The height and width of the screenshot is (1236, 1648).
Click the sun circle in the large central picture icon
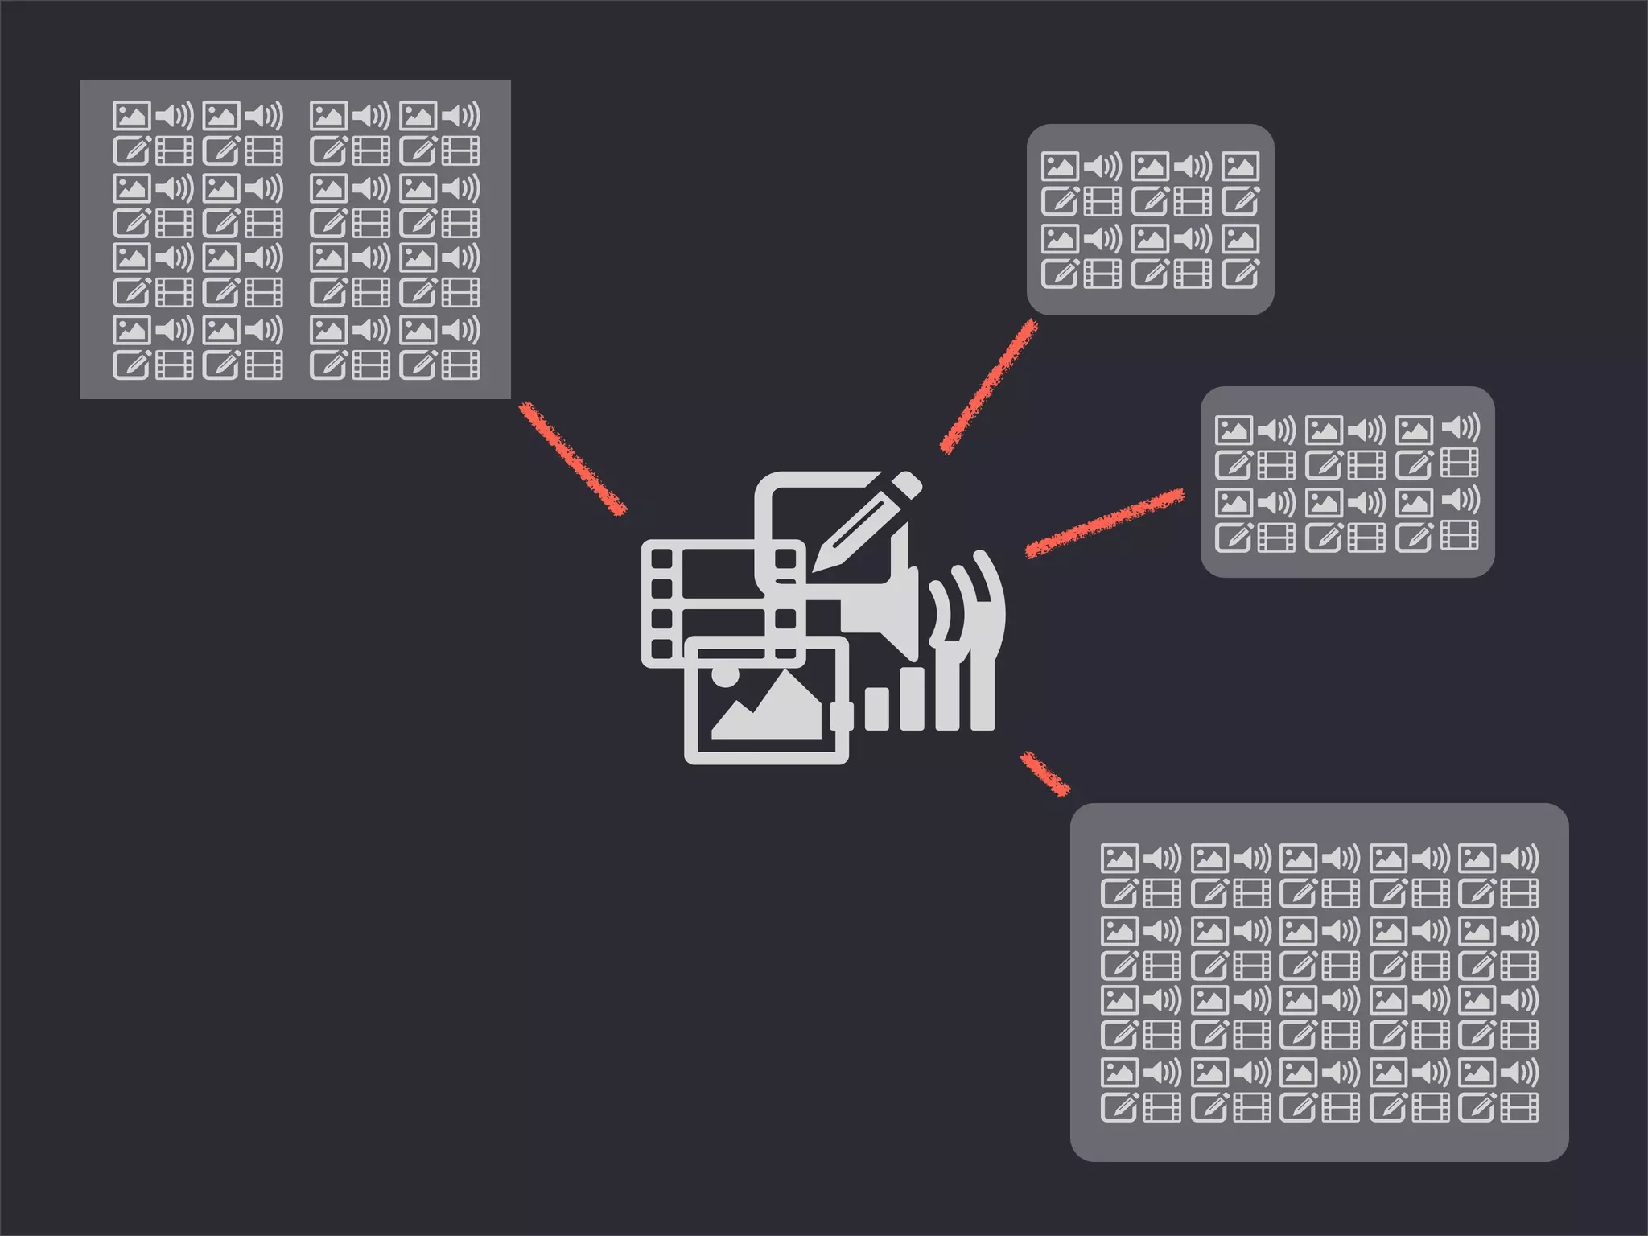[724, 675]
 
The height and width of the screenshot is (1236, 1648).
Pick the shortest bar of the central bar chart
[876, 709]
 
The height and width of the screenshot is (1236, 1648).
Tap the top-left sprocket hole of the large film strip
[661, 558]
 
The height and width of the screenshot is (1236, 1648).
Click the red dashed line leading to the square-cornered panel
[572, 458]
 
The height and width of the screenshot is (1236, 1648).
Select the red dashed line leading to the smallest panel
[989, 387]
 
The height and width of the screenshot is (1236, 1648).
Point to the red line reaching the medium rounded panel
[1105, 524]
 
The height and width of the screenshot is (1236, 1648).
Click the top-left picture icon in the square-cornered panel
[131, 116]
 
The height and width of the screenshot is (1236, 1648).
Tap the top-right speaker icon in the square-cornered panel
[461, 116]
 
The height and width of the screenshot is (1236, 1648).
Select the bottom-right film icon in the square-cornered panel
[461, 365]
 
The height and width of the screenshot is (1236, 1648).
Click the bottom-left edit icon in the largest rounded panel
[1119, 1107]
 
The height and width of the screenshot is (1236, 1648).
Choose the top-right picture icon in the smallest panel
[1240, 167]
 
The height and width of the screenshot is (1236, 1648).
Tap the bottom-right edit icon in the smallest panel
[1240, 274]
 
